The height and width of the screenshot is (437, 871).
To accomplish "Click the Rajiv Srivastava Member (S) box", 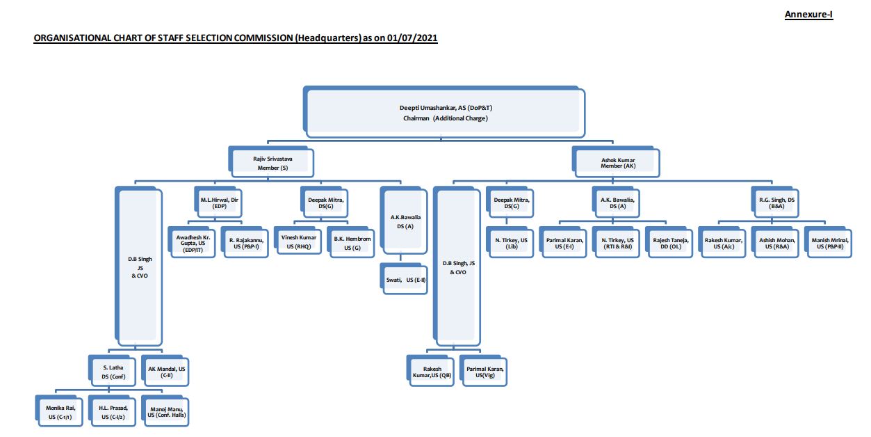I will (272, 162).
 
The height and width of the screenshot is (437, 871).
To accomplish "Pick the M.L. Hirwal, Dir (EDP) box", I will (215, 202).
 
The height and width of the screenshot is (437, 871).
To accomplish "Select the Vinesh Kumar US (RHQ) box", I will (298, 242).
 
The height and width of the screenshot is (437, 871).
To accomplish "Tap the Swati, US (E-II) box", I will (405, 280).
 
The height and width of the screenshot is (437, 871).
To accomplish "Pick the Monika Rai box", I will (59, 411).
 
